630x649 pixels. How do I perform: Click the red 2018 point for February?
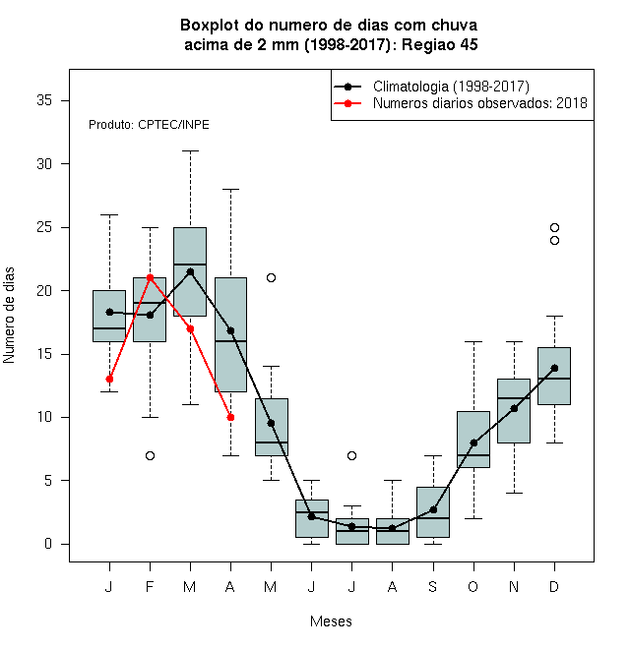150,277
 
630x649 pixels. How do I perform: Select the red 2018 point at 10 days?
231,417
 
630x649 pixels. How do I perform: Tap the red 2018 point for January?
109,380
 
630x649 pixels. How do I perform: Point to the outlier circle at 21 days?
271,277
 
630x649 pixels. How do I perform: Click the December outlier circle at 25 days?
554,228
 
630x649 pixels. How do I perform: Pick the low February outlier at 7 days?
150,455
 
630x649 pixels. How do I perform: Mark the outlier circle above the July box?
351,455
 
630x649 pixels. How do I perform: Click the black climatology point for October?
473,442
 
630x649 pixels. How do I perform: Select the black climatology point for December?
554,368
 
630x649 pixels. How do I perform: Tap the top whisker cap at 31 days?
191,151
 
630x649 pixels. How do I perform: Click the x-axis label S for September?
433,586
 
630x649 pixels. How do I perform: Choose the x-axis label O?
472,586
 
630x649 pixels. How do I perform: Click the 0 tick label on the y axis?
48,544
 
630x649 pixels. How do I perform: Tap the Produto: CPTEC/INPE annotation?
149,125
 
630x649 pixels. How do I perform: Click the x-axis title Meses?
331,621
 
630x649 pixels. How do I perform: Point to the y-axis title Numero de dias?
9,316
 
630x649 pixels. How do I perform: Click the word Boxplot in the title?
210,26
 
